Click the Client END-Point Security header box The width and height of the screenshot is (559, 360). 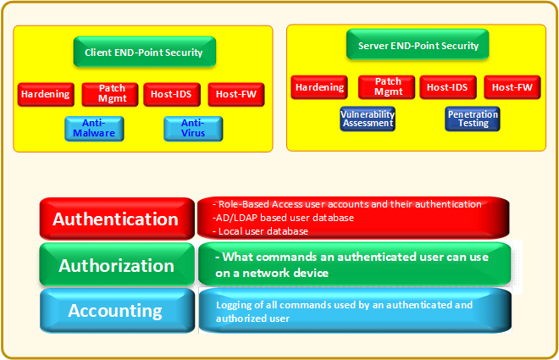(144, 53)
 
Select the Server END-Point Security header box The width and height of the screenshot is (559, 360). (412, 46)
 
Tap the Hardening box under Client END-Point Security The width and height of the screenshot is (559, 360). (46, 94)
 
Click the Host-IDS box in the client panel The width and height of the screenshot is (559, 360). (171, 94)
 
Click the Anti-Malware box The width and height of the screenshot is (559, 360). (94, 128)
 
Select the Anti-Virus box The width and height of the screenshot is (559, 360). (193, 128)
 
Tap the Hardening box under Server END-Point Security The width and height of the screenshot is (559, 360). (319, 87)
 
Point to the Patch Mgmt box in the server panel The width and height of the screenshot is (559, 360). (387, 86)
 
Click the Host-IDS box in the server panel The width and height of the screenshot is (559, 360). (447, 87)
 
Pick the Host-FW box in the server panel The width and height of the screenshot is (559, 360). (512, 87)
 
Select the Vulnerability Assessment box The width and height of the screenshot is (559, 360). (368, 119)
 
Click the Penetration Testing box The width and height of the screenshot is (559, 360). (472, 119)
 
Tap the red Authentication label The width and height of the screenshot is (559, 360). (116, 219)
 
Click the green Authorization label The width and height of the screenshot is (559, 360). (116, 265)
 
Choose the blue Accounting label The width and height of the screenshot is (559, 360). (116, 310)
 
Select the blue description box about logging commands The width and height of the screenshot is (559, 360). (354, 311)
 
